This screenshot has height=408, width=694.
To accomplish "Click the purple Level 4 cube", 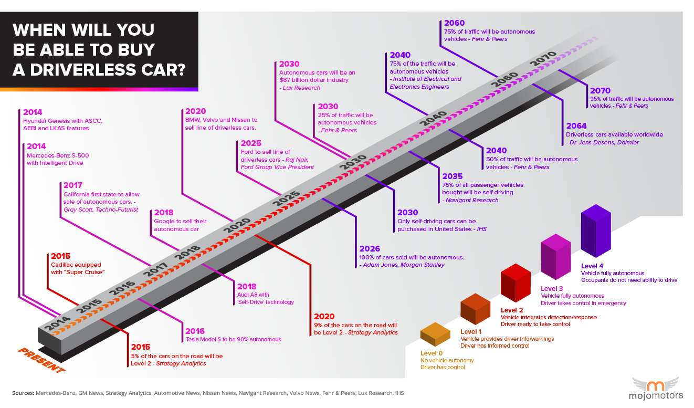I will pos(596,234).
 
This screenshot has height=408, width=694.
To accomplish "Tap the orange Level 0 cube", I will pos(435,335).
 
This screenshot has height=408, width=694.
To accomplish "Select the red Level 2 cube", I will pos(516,284).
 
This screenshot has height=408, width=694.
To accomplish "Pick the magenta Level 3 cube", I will pos(555,259).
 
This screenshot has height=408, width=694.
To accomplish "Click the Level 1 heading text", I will pos(470,331).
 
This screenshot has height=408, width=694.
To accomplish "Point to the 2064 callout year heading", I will pos(576,126).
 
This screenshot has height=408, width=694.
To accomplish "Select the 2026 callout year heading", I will pos(370,248).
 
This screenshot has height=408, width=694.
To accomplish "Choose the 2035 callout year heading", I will pos(453,176).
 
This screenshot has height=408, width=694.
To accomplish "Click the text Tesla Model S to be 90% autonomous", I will pos(233,340).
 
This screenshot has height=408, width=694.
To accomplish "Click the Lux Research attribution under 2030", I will pos(301,88).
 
